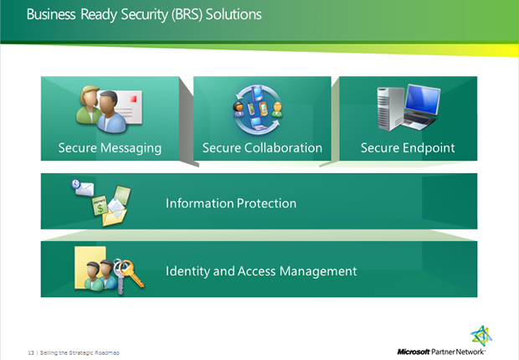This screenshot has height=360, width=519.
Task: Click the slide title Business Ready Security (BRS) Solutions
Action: (x=144, y=15)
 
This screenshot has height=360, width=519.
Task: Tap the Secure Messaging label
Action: (x=110, y=148)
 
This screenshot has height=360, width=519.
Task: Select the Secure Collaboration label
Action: (x=262, y=147)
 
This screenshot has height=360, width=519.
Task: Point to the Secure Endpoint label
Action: (x=408, y=148)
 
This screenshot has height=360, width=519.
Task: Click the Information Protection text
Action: (x=231, y=203)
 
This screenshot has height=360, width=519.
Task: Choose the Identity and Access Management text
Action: (x=261, y=271)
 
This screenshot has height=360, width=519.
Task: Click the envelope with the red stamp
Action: (x=128, y=106)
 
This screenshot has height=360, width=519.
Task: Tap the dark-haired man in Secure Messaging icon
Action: (x=110, y=112)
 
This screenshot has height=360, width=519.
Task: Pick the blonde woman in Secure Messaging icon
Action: (x=89, y=105)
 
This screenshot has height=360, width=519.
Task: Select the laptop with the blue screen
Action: (x=421, y=106)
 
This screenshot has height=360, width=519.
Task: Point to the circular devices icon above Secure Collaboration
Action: (x=258, y=110)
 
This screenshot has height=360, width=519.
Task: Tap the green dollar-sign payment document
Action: (x=100, y=205)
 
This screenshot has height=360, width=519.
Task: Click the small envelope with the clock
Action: (x=82, y=188)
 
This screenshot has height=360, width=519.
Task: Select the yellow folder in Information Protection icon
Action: (x=115, y=217)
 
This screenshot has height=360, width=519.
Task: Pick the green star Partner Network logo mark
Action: (x=481, y=337)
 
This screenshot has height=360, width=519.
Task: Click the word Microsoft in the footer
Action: (x=414, y=352)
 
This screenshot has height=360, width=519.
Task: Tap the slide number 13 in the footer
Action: (x=31, y=352)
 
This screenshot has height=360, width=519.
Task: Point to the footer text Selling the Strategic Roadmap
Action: (x=80, y=352)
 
